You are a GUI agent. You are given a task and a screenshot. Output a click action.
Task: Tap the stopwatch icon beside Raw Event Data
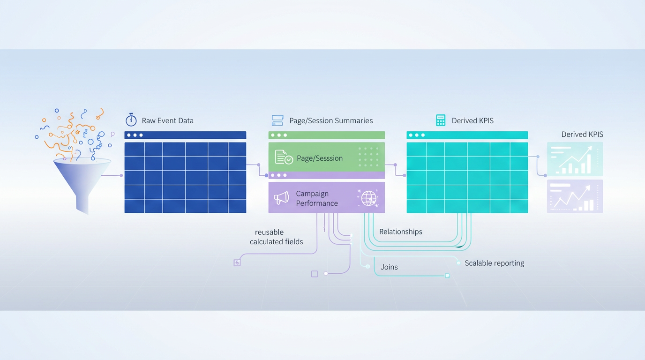131,120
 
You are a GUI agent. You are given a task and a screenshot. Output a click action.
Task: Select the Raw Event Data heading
167,120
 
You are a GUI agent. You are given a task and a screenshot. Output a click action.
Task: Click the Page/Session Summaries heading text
331,120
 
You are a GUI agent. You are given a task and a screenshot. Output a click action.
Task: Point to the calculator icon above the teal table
441,120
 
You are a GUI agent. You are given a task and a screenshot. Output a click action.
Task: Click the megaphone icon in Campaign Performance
281,198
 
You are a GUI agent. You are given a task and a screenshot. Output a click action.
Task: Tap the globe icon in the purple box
369,198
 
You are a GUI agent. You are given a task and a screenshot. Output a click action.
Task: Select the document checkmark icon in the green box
284,157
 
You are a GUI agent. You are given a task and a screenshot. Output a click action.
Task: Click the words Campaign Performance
317,198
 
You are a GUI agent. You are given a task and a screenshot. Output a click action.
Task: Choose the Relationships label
401,232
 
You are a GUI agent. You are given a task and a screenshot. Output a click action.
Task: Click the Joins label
389,267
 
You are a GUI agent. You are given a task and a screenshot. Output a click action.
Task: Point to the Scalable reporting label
494,263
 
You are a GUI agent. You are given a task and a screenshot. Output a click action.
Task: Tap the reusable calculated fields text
276,237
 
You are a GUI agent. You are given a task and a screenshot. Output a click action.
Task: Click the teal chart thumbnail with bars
575,159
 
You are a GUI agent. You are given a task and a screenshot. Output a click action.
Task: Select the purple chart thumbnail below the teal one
575,196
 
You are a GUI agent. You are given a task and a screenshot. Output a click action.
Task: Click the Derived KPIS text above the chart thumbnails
582,135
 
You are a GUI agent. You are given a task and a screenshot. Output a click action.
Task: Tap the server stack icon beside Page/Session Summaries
277,120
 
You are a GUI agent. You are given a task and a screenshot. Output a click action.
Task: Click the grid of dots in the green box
368,157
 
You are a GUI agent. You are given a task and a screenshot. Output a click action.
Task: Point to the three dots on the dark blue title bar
135,135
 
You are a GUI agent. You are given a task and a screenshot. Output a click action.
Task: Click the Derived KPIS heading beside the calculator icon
472,120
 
